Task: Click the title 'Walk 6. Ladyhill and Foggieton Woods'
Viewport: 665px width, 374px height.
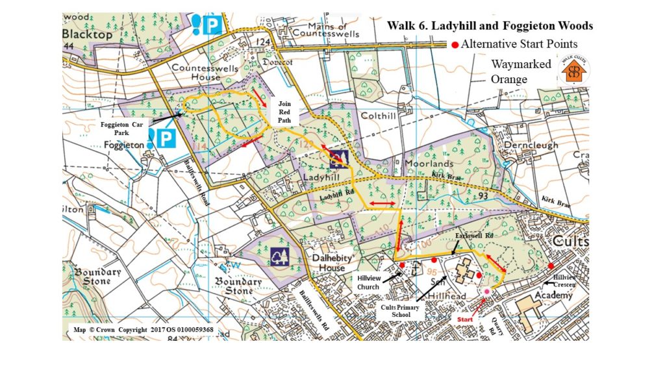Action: click(x=490, y=26)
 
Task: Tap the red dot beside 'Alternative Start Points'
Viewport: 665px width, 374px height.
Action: click(x=455, y=45)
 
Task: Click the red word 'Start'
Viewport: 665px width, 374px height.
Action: click(x=464, y=319)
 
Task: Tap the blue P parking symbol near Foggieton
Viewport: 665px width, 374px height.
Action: click(x=166, y=138)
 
